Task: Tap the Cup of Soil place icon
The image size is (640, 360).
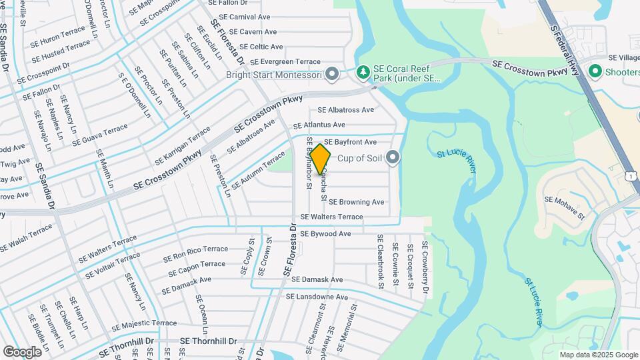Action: pos(393,158)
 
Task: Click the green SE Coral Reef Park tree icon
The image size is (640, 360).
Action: pos(364,71)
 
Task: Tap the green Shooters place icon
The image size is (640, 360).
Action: pos(593,71)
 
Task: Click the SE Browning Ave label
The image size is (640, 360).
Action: pos(357,202)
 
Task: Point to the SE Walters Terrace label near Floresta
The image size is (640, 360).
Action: pos(331,217)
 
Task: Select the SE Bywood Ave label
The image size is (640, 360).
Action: pos(325,234)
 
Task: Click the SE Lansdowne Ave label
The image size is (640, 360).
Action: pos(317,297)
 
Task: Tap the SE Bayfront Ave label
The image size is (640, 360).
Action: pos(351,142)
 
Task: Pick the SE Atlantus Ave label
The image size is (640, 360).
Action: pos(319,125)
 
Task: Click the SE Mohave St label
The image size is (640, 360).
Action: pos(564,207)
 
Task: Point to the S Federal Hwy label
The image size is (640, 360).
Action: pos(564,44)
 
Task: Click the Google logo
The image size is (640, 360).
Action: pos(22,351)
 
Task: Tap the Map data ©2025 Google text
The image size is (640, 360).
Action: pos(598,355)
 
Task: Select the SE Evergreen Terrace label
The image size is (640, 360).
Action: pos(285,61)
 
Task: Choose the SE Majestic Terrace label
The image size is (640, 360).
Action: pos(145,323)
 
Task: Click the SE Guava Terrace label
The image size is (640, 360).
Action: pos(100,134)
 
